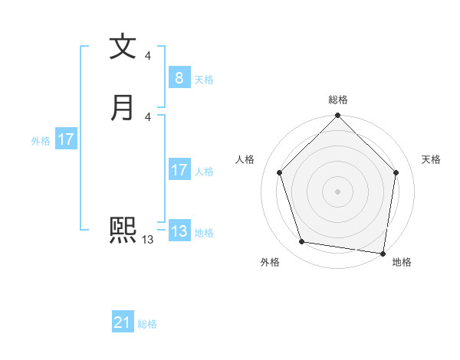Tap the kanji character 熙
coord(123,230)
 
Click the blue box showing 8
coord(179,78)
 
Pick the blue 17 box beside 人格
coord(179,170)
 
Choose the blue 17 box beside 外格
coord(66,139)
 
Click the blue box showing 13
coord(179,231)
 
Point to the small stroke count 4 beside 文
coord(147,56)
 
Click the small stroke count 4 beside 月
coord(147,116)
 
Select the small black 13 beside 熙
coord(147,240)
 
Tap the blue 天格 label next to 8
coord(204,80)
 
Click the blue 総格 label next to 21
coord(147,325)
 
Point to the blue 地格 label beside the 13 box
coord(204,233)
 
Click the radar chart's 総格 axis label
coord(337,100)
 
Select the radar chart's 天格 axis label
coord(431,159)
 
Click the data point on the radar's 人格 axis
coord(280,172)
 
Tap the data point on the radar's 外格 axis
coord(302,242)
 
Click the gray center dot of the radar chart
coord(337,191)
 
